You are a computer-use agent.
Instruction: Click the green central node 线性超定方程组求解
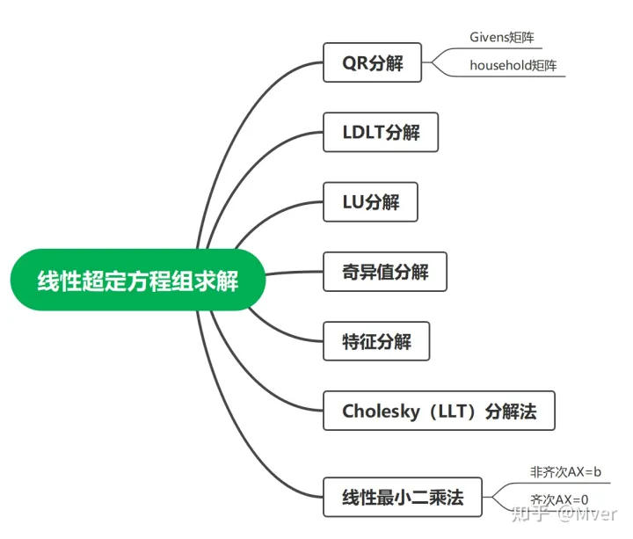point(137,281)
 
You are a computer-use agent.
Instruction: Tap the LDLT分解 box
point(380,133)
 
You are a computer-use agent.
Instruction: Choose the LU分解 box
point(369,202)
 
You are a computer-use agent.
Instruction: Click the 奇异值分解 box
point(384,272)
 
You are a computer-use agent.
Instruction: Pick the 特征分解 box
point(376,341)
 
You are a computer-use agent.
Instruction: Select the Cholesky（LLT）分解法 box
point(439,411)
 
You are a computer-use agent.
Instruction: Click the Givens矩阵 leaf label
point(501,38)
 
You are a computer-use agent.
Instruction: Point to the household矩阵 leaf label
point(513,65)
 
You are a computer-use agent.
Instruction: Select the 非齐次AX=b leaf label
point(565,472)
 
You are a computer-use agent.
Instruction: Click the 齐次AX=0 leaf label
point(559,499)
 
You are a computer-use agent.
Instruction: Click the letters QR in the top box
point(355,63)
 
